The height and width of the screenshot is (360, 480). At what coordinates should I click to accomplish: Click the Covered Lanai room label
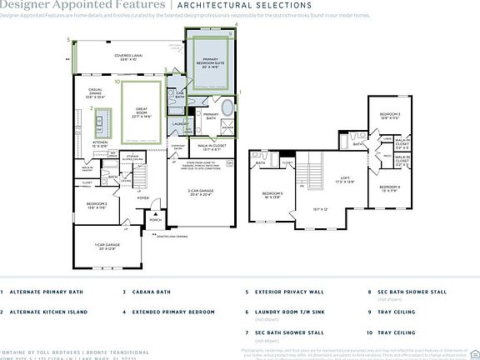tap(127, 57)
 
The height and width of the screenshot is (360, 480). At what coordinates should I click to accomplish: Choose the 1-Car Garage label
tap(112, 246)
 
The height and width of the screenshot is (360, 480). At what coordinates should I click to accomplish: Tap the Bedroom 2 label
tap(97, 204)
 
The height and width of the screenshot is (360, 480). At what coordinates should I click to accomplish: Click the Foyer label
tap(142, 198)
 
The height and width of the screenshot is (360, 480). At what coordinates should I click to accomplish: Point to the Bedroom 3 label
tap(390, 116)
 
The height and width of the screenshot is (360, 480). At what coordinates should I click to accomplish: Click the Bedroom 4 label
tap(390, 187)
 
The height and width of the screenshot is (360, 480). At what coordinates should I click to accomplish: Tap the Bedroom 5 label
tap(273, 195)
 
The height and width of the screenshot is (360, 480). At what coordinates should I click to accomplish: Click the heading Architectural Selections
tap(231, 5)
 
